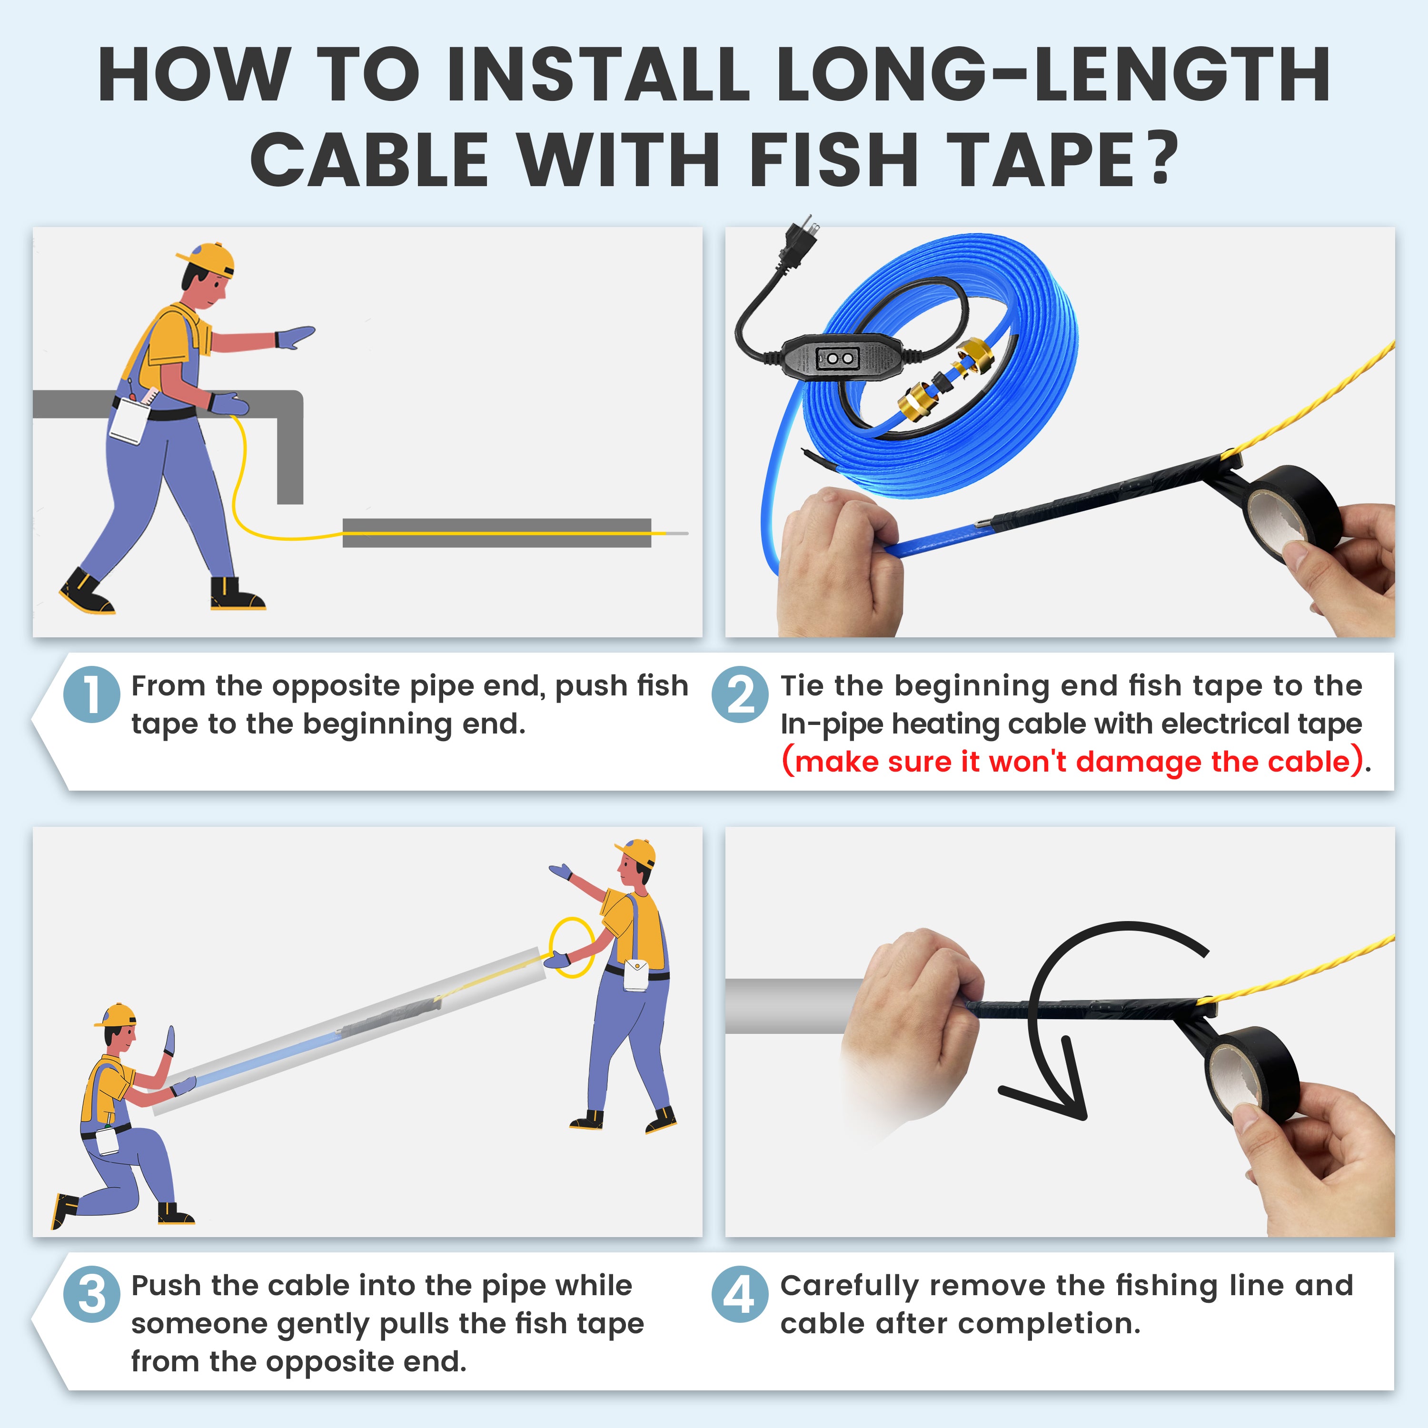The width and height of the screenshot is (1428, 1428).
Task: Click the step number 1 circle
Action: point(92,695)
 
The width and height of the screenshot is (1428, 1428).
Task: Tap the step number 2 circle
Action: point(740,695)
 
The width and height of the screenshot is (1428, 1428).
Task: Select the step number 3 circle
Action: point(92,1294)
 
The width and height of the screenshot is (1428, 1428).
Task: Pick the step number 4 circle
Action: point(740,1294)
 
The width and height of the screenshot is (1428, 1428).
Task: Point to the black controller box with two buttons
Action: point(839,358)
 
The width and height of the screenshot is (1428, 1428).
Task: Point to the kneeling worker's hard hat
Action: point(116,1015)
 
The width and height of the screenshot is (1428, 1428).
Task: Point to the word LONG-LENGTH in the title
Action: point(1053,75)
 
